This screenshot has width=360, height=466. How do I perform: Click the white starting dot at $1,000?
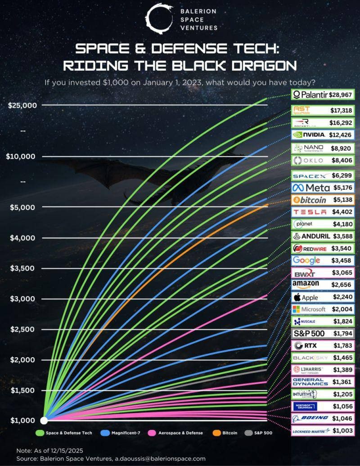[x=44, y=421]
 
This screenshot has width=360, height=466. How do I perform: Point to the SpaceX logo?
[x=310, y=175]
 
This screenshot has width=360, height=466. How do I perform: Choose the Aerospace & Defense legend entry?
[x=175, y=433]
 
